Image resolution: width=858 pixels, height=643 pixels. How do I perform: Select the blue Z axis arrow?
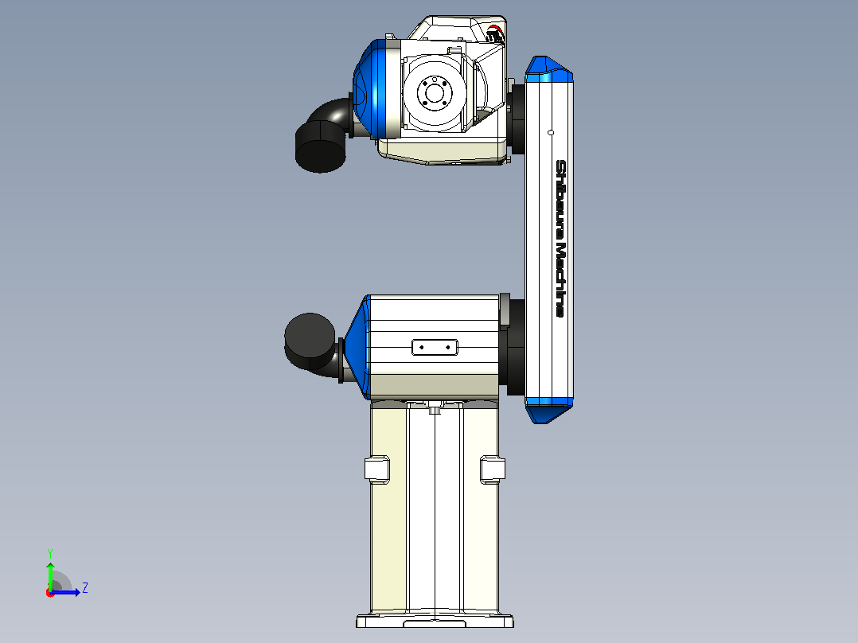pyautogui.click(x=65, y=592)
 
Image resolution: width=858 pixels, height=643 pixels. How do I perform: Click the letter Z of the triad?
pyautogui.click(x=85, y=588)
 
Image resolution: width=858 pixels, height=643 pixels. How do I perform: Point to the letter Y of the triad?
pyautogui.click(x=50, y=554)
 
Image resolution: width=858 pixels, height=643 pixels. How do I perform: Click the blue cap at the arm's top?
pyautogui.click(x=548, y=69)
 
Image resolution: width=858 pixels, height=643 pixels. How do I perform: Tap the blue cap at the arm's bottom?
pyautogui.click(x=548, y=411)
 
